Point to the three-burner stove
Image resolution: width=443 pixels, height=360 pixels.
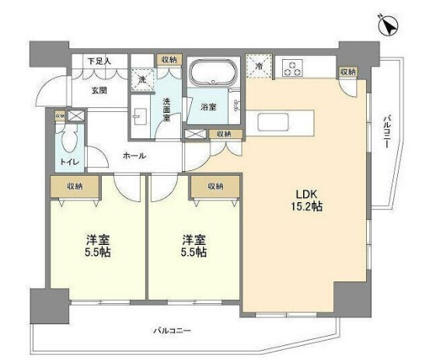[x=293, y=68]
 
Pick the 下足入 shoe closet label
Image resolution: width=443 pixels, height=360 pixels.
[x=99, y=60]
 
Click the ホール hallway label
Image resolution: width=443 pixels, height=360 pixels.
[x=134, y=156]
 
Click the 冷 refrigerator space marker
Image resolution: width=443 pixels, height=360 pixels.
[x=258, y=66]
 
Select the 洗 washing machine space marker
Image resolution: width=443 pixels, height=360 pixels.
[x=141, y=79]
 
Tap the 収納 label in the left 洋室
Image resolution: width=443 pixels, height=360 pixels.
[x=75, y=186]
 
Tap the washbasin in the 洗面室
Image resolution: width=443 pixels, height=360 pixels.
[x=140, y=116]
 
